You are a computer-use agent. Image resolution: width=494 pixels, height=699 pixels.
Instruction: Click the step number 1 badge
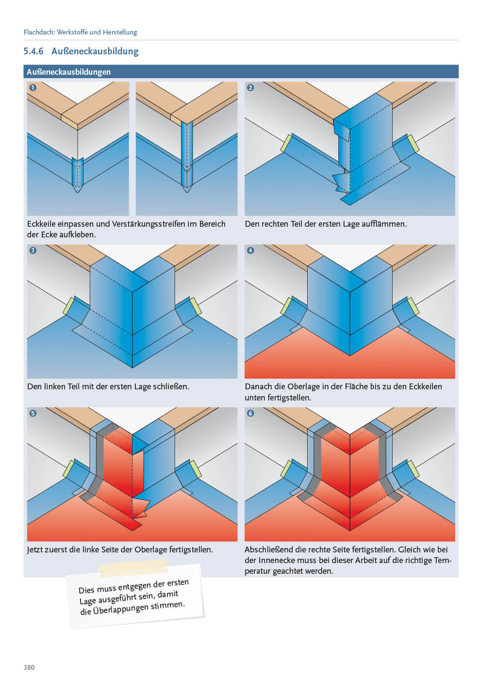point(33,88)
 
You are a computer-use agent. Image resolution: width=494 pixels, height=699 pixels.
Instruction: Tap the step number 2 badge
point(250,88)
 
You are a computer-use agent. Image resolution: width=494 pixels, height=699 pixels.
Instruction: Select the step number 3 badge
point(33,250)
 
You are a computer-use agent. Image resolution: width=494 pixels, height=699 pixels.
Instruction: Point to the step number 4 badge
point(250,250)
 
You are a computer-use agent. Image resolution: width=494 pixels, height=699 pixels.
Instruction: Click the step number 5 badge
point(33,413)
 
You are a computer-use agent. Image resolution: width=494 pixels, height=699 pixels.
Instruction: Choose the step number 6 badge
point(250,413)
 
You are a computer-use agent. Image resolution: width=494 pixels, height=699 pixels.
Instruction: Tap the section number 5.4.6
point(33,51)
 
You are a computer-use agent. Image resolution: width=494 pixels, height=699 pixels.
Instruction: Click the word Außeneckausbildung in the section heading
point(95,51)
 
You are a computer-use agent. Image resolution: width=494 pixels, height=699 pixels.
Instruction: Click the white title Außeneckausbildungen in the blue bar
point(68,72)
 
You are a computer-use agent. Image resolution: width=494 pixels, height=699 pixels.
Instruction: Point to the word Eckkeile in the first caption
point(41,224)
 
